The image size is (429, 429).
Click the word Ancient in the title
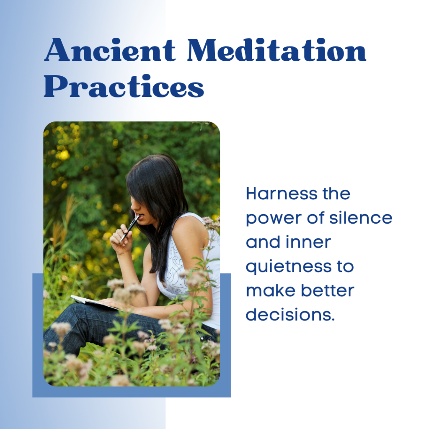[109, 50]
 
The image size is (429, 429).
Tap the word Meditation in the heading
[277, 50]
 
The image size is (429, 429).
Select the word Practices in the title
[124, 86]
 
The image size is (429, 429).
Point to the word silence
[361, 218]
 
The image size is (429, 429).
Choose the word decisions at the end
[290, 314]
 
